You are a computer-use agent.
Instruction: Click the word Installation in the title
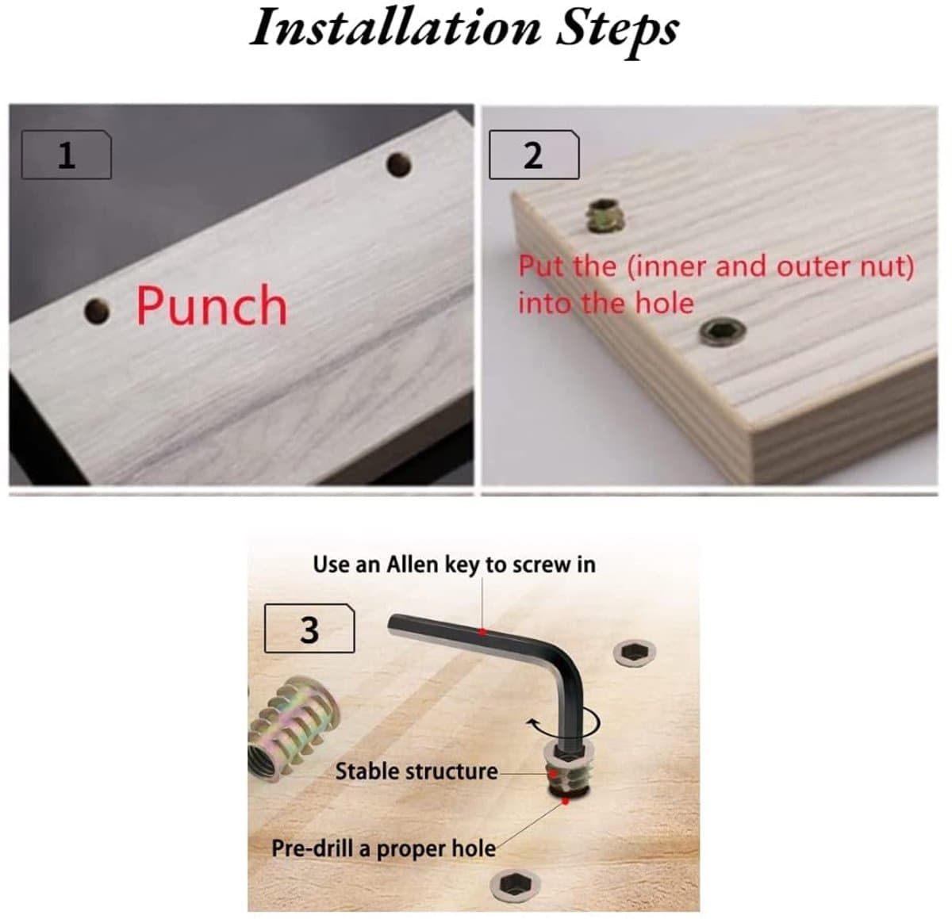(x=395, y=29)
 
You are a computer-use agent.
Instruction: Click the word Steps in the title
(x=617, y=33)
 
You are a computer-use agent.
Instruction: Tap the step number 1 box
(x=67, y=155)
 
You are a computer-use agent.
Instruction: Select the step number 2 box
(x=534, y=155)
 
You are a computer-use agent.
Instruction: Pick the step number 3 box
(x=309, y=629)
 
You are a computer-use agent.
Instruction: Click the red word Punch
(x=211, y=305)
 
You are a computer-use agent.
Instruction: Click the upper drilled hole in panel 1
(x=399, y=165)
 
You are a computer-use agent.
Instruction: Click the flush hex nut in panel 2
(x=723, y=332)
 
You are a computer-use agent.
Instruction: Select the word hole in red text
(x=664, y=303)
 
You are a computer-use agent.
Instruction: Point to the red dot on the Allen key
(x=483, y=632)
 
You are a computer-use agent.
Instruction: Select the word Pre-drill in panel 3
(x=312, y=848)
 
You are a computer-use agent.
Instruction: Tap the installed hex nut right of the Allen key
(x=634, y=653)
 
